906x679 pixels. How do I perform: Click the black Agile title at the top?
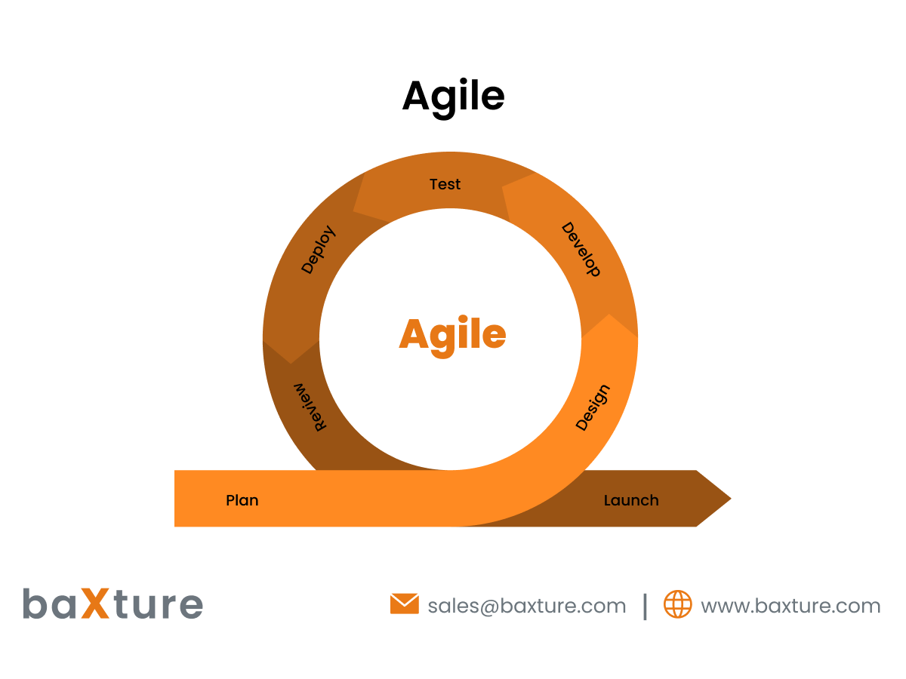(x=453, y=97)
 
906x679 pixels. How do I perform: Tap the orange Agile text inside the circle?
(x=452, y=334)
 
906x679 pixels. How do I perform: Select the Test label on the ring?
(x=445, y=184)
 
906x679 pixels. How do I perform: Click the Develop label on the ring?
(x=581, y=250)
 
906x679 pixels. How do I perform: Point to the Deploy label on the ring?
(x=318, y=250)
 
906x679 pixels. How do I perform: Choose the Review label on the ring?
(x=311, y=407)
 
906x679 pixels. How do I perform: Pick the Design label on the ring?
(x=592, y=407)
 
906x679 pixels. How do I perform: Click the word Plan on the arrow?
(x=242, y=500)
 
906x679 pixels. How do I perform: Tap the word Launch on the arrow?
(x=631, y=500)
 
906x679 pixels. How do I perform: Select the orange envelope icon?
(x=404, y=604)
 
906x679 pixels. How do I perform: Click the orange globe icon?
(x=677, y=604)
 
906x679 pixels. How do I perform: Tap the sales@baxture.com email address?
(x=526, y=606)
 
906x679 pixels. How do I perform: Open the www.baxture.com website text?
(x=790, y=606)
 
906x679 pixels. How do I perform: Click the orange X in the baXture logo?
(x=96, y=604)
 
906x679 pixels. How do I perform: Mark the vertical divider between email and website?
(x=645, y=605)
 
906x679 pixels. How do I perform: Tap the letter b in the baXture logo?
(x=34, y=604)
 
